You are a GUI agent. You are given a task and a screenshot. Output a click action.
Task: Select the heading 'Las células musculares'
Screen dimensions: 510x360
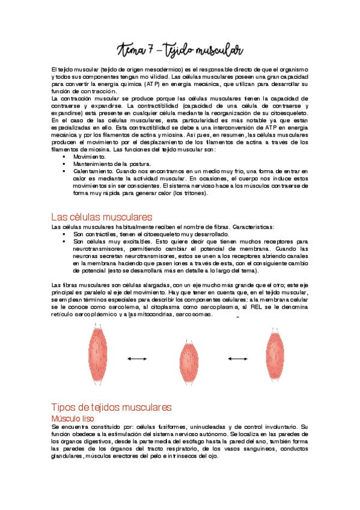pyautogui.click(x=102, y=216)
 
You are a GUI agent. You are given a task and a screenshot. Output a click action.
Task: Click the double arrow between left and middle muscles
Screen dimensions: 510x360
pyautogui.click(x=138, y=359)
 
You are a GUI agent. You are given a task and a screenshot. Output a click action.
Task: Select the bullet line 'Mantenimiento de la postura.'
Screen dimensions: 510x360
pyautogui.click(x=112, y=164)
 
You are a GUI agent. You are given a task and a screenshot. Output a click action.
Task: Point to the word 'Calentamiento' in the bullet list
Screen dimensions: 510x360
pyautogui.click(x=93, y=171)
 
